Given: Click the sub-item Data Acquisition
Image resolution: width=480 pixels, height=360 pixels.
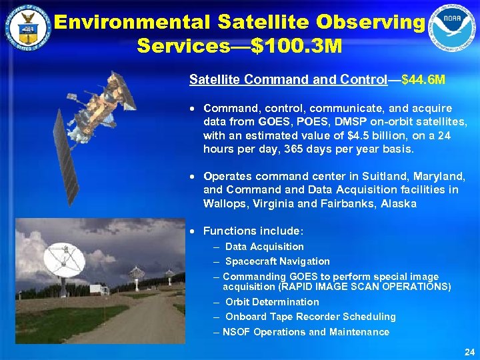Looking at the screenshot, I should click(264, 247).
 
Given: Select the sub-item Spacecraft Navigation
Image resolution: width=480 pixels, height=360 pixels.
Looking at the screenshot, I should click(277, 261).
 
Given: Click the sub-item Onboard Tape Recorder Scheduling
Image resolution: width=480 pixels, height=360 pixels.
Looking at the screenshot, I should click(310, 317).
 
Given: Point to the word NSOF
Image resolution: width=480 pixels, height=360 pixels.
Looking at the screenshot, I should click(237, 332).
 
